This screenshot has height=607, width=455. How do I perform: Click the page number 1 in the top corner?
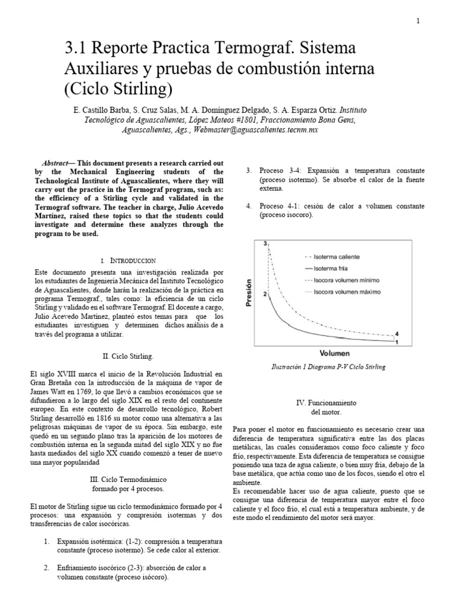click(418, 21)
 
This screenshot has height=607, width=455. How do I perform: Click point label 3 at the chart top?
click(266, 244)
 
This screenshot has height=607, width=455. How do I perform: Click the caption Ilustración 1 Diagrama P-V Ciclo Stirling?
click(328, 367)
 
